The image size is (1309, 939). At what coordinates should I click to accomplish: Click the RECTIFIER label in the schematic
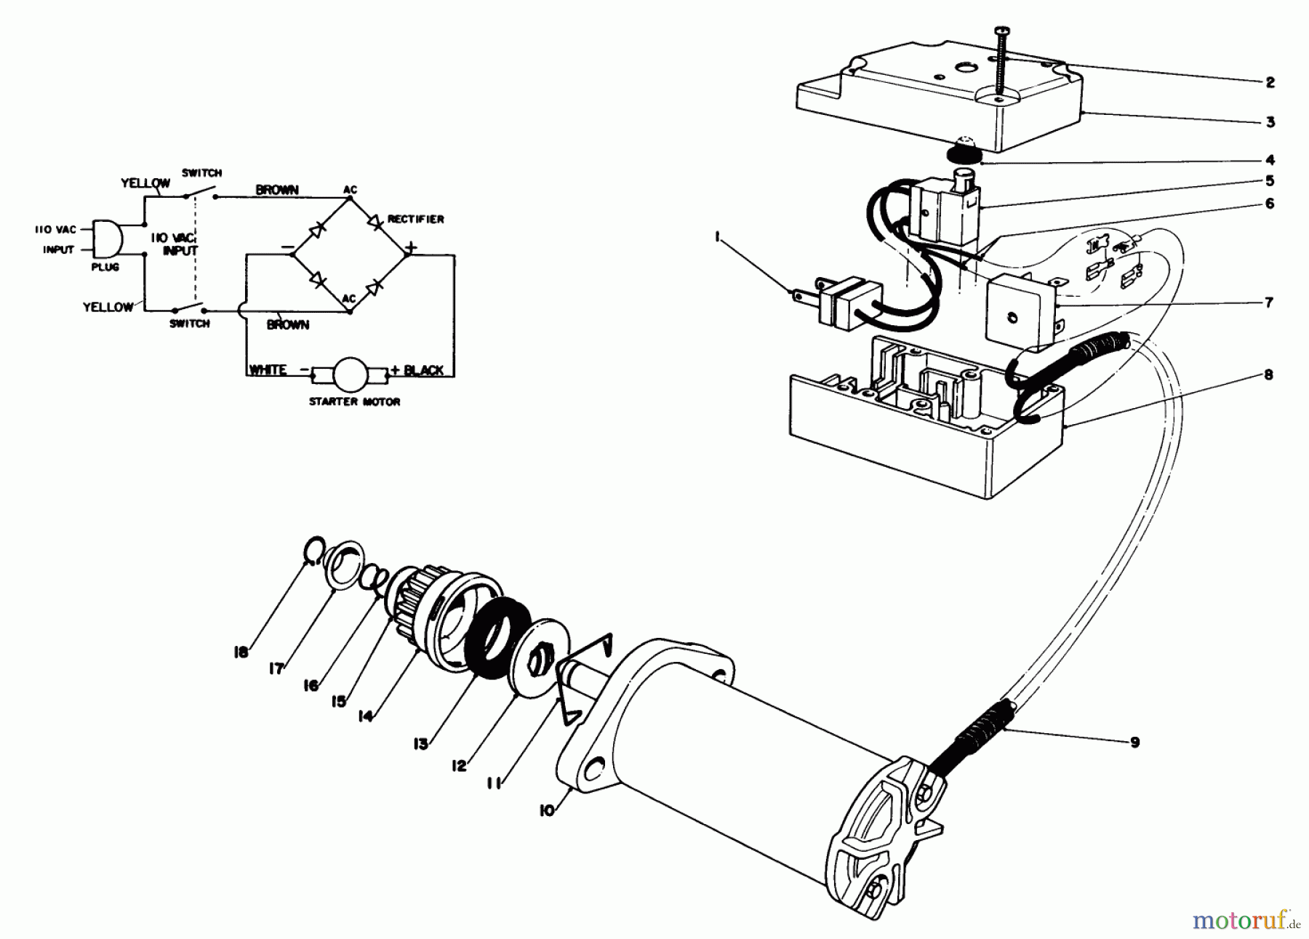pyautogui.click(x=415, y=219)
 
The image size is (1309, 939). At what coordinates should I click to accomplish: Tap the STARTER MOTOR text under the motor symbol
pyautogui.click(x=354, y=401)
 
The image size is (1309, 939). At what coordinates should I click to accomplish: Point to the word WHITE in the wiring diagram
pyautogui.click(x=268, y=370)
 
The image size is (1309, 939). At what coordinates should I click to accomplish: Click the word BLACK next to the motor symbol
pyautogui.click(x=423, y=370)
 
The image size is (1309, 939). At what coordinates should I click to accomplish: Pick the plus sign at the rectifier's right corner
pyautogui.click(x=411, y=248)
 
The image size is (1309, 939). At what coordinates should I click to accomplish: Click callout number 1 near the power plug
pyautogui.click(x=717, y=236)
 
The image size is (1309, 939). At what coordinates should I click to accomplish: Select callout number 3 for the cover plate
pyautogui.click(x=1270, y=122)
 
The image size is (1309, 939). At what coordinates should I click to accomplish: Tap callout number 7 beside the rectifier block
pyautogui.click(x=1269, y=302)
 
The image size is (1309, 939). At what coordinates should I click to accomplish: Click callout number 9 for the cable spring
pyautogui.click(x=1135, y=742)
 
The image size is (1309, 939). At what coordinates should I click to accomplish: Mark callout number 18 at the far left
pyautogui.click(x=241, y=652)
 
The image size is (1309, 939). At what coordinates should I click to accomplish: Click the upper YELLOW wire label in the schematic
pyautogui.click(x=145, y=183)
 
